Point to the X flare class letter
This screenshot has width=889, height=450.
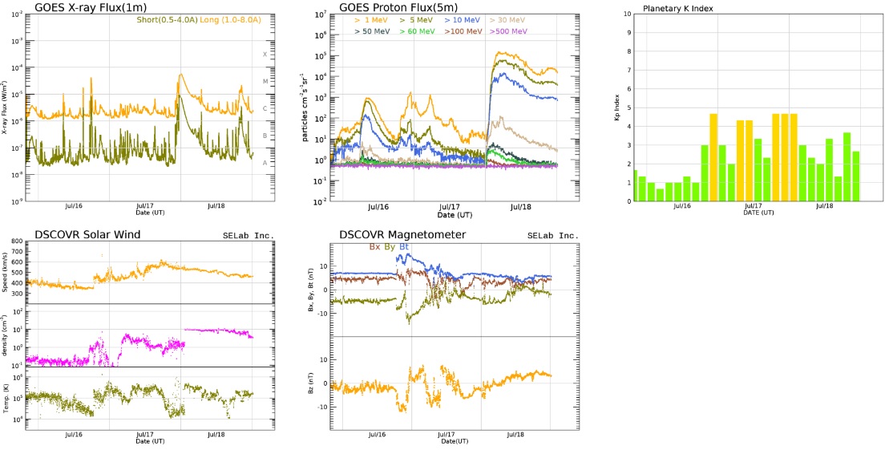[265, 55]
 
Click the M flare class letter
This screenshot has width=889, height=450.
[265, 81]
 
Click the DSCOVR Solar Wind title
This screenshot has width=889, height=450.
[87, 234]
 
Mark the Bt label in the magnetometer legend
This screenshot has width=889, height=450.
[406, 247]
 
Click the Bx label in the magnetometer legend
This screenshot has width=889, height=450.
[374, 247]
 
